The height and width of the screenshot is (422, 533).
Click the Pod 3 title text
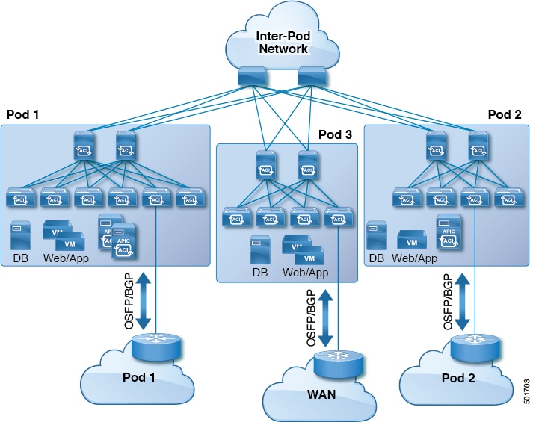pos(334,134)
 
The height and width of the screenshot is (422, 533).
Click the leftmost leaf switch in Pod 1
pos(18,198)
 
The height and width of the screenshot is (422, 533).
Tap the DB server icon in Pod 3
pos(259,249)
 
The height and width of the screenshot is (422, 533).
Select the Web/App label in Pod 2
pos(415,258)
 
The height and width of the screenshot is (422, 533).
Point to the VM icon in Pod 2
pos(411,240)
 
